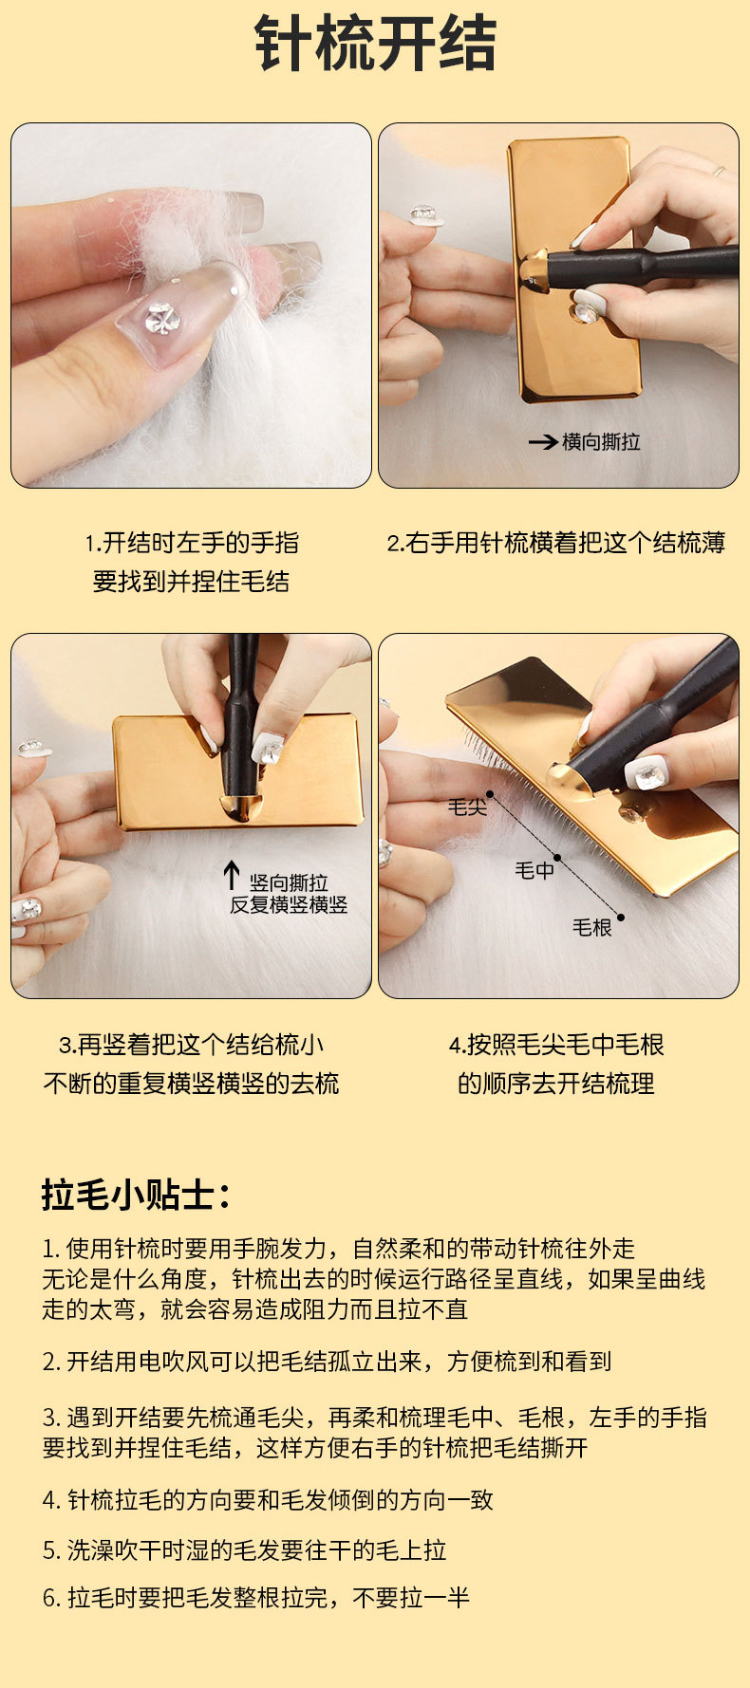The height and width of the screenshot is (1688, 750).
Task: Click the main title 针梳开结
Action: [376, 44]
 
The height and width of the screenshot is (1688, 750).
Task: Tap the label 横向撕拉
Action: [601, 441]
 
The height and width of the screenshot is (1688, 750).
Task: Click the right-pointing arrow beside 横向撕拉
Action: [543, 442]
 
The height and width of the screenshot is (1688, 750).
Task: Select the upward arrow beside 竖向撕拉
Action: [231, 875]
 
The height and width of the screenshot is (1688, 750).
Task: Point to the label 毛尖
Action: [467, 807]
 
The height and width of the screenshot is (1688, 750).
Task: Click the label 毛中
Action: [534, 869]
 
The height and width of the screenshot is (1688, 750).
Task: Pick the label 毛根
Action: [591, 927]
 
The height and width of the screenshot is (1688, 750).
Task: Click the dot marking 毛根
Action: [621, 917]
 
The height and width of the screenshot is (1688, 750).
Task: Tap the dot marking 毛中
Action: [557, 858]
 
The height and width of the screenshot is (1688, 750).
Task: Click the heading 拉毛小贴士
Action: [136, 1195]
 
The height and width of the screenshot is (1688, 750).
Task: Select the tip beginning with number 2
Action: [327, 1362]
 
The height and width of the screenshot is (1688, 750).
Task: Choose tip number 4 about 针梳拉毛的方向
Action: [268, 1500]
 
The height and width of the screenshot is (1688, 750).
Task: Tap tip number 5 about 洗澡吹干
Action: [244, 1550]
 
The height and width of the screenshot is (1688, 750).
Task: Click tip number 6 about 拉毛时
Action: [256, 1598]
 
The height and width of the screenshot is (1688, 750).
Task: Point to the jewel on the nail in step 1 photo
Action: [163, 319]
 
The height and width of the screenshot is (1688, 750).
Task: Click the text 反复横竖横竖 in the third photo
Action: [289, 905]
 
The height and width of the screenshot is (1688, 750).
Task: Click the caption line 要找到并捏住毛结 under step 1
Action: [191, 582]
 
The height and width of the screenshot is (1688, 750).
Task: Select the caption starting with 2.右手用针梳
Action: [556, 543]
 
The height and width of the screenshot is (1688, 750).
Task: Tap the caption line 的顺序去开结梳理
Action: [556, 1084]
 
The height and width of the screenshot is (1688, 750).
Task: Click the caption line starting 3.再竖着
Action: [191, 1045]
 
